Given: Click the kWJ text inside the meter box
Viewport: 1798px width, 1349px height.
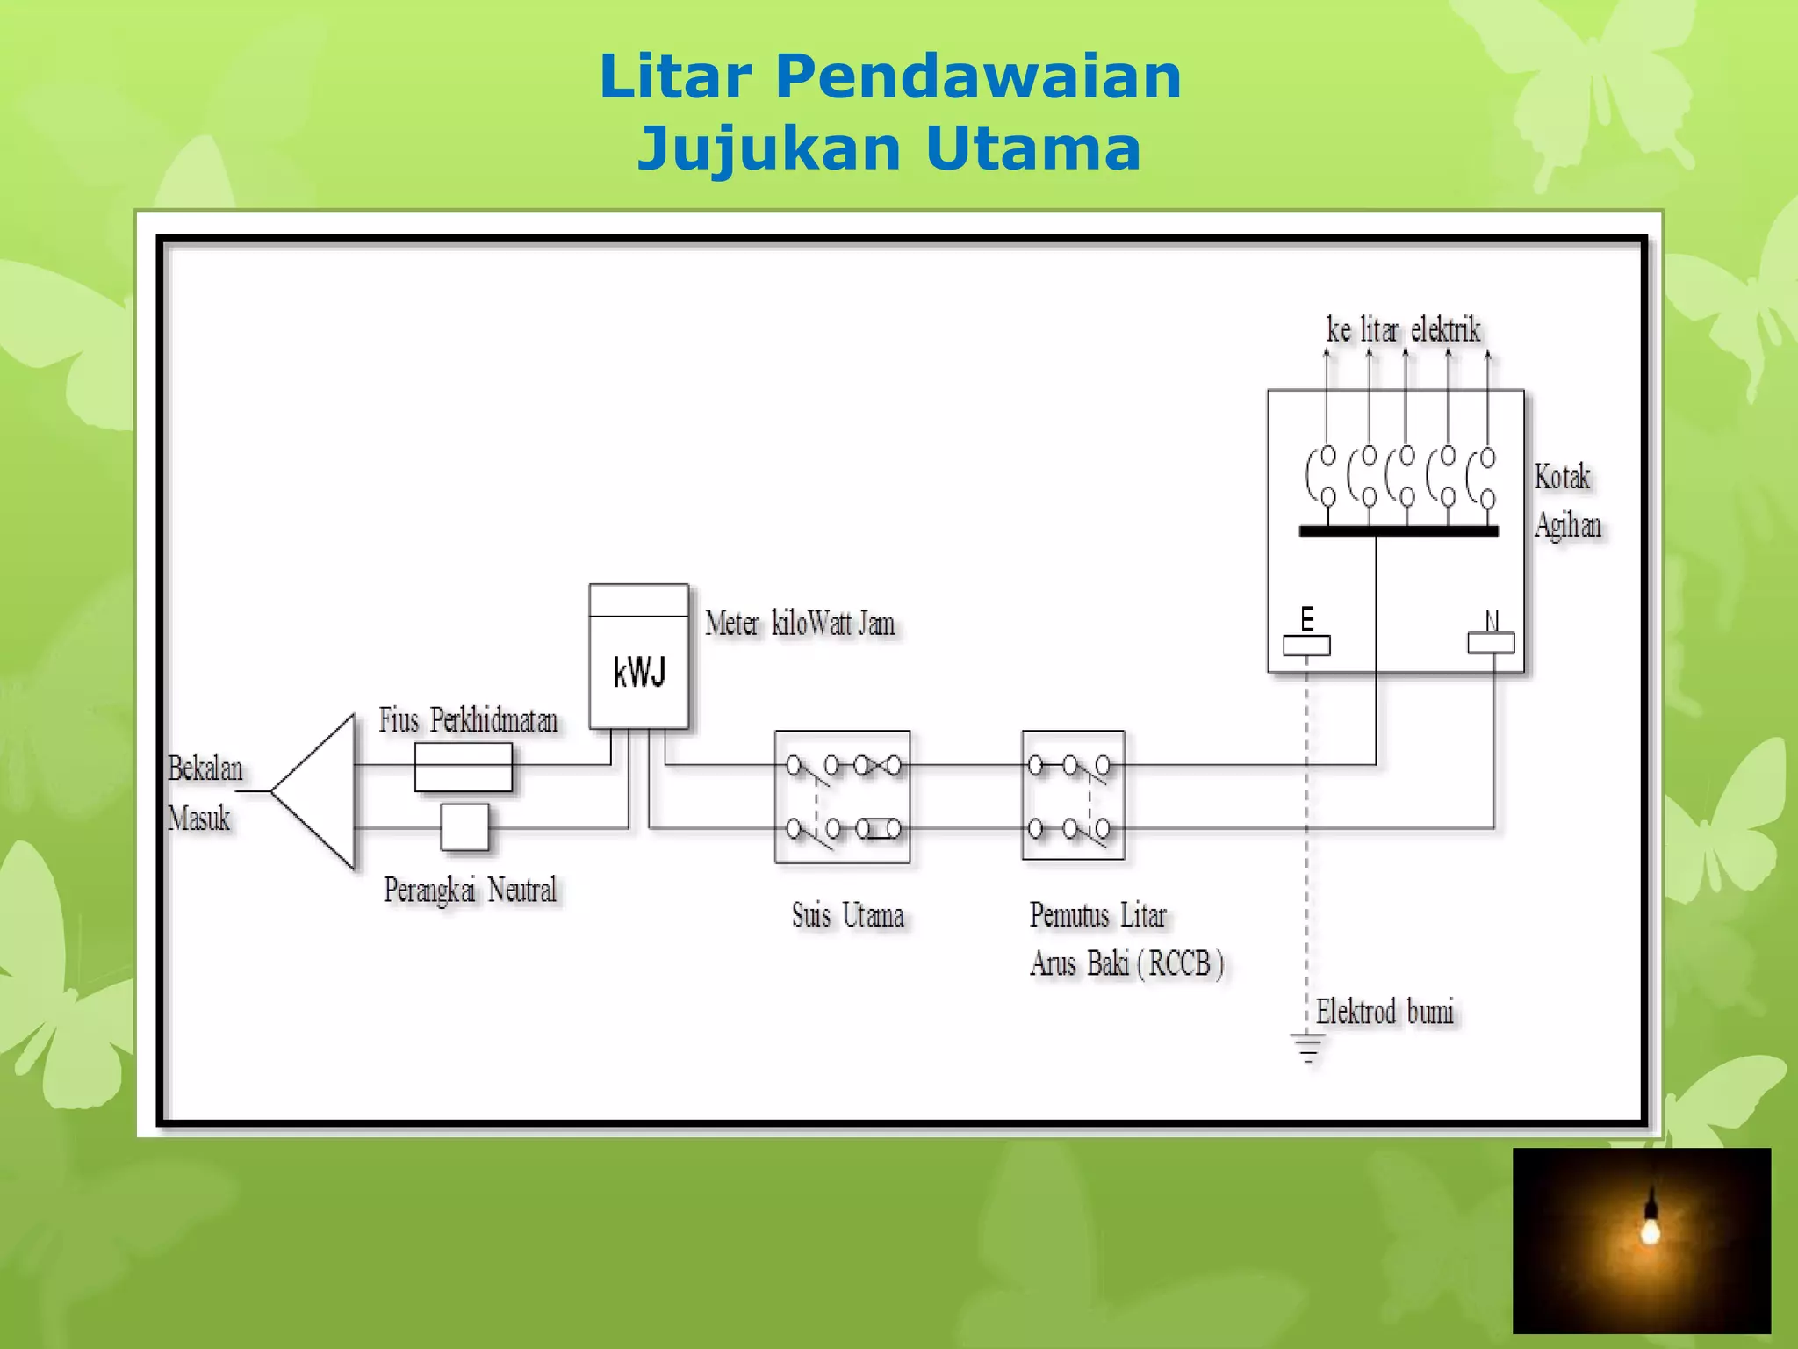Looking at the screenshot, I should [639, 673].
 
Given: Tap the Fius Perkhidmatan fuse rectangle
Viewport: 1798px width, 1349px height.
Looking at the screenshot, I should [463, 767].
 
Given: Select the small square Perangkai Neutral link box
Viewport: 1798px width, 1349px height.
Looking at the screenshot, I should [464, 827].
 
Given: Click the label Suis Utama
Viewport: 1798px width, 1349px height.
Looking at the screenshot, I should [847, 915].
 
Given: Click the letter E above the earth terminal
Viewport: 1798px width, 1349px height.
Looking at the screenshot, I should [1307, 618].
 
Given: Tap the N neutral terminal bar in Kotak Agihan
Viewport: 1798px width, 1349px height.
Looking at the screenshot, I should [1491, 644].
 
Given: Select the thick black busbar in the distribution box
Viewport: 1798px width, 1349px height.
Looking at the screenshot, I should [1398, 530].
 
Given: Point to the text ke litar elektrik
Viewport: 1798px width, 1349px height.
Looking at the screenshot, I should [1403, 330].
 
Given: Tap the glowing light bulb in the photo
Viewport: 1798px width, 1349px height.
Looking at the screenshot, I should [1650, 1228].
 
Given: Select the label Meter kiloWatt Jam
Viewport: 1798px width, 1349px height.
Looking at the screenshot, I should [800, 624].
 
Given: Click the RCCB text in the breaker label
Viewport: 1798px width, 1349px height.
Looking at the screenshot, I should [1180, 963].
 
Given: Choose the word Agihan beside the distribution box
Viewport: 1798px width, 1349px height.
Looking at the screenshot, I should [1568, 525].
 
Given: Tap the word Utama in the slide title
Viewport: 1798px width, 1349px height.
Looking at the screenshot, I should [1032, 148].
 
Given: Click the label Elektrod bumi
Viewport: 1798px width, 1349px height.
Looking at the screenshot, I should [1384, 1012].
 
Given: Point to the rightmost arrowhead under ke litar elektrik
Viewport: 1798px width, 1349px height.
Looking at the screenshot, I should [1487, 355].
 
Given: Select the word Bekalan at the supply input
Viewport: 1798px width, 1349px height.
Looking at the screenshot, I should [205, 768].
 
